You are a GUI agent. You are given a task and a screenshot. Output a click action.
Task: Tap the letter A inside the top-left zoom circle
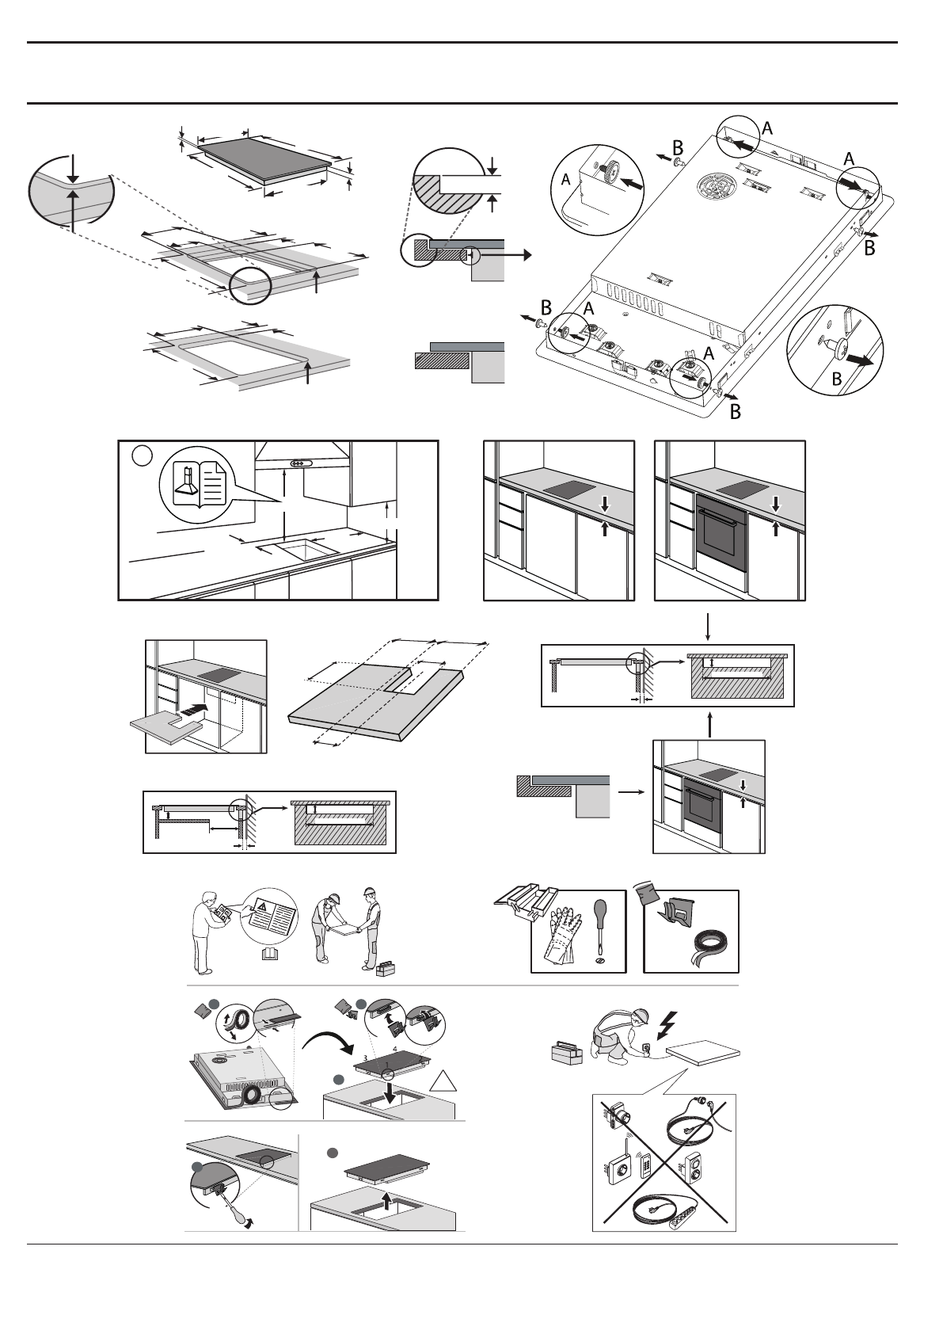566,181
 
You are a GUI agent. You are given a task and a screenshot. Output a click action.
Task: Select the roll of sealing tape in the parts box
709,945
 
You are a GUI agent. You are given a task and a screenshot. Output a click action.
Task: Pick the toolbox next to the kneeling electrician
566,1054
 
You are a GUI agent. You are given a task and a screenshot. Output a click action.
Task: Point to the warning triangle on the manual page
260,906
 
